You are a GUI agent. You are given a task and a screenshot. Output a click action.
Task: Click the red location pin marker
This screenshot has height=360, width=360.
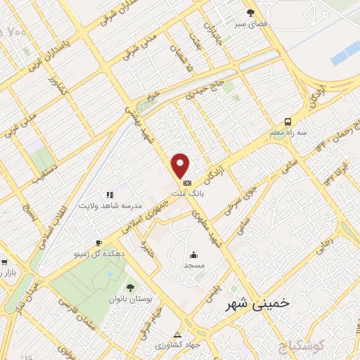[181, 165]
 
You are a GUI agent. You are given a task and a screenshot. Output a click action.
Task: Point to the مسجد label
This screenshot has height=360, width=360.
[193, 266]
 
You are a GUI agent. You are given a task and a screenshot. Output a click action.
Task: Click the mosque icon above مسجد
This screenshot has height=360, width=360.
[193, 255]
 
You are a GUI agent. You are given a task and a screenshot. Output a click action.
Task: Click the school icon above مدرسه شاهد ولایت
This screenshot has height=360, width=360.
[110, 194]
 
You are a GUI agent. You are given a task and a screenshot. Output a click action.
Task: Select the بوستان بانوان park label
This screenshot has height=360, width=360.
[130, 299]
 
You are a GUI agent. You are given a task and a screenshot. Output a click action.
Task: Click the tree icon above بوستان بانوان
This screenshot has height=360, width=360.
[130, 287]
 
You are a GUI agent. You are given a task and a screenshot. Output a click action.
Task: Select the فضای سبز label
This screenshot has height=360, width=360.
[251, 24]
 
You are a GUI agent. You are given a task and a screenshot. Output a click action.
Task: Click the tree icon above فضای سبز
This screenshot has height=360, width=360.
[251, 13]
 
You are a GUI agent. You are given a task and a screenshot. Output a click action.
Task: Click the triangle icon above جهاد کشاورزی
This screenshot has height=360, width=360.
[177, 335]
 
